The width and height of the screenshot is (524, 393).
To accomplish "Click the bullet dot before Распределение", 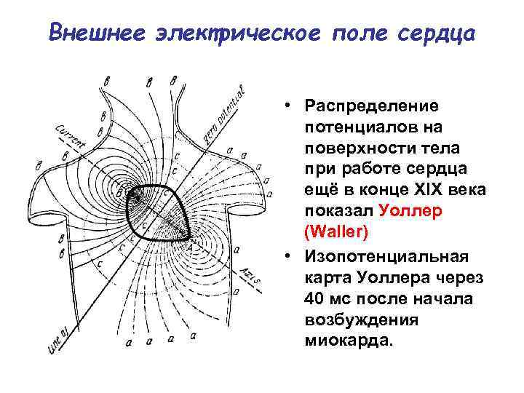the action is [x=290, y=106].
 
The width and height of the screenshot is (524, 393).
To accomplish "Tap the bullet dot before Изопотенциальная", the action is [x=290, y=256].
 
